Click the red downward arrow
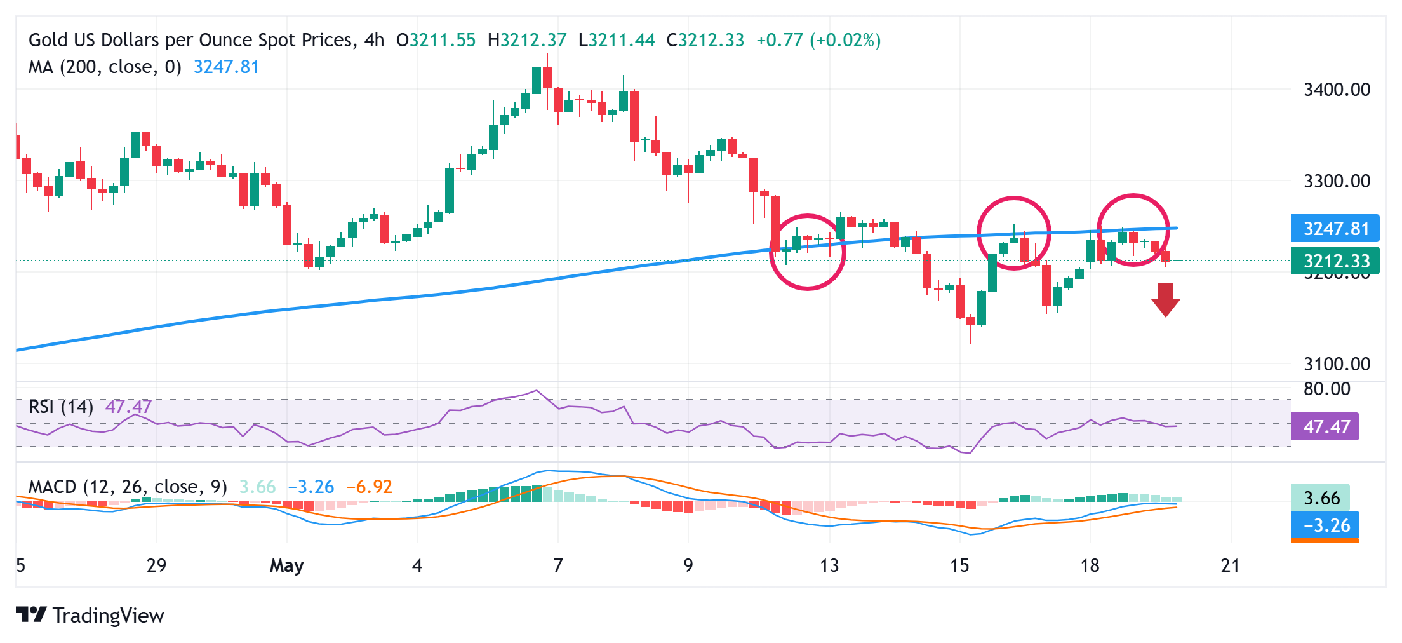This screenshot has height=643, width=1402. click(1165, 299)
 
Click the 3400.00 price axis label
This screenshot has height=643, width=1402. click(1337, 90)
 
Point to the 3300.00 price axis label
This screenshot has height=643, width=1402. click(1337, 181)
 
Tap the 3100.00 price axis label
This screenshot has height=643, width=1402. click(1337, 364)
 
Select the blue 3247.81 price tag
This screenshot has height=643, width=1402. click(1335, 229)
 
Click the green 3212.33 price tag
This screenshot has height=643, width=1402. click(1335, 261)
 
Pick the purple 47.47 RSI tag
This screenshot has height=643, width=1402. click(1325, 426)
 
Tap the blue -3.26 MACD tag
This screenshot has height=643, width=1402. click(1325, 525)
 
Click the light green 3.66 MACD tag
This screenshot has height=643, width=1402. click(1320, 497)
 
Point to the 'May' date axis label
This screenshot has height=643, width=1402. click(287, 565)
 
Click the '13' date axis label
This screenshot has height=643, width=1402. click(829, 565)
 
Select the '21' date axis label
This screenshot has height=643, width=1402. click(1231, 565)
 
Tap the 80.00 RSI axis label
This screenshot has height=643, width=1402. click(1326, 389)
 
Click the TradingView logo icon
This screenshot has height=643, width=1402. click(31, 614)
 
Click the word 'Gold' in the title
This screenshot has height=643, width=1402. click(49, 40)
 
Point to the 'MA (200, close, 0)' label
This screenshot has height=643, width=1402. click(105, 67)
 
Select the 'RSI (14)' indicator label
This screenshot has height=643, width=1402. click(61, 407)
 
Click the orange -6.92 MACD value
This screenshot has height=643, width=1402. click(369, 487)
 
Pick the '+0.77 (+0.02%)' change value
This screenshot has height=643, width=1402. click(818, 40)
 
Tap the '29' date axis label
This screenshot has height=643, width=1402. click(156, 565)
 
